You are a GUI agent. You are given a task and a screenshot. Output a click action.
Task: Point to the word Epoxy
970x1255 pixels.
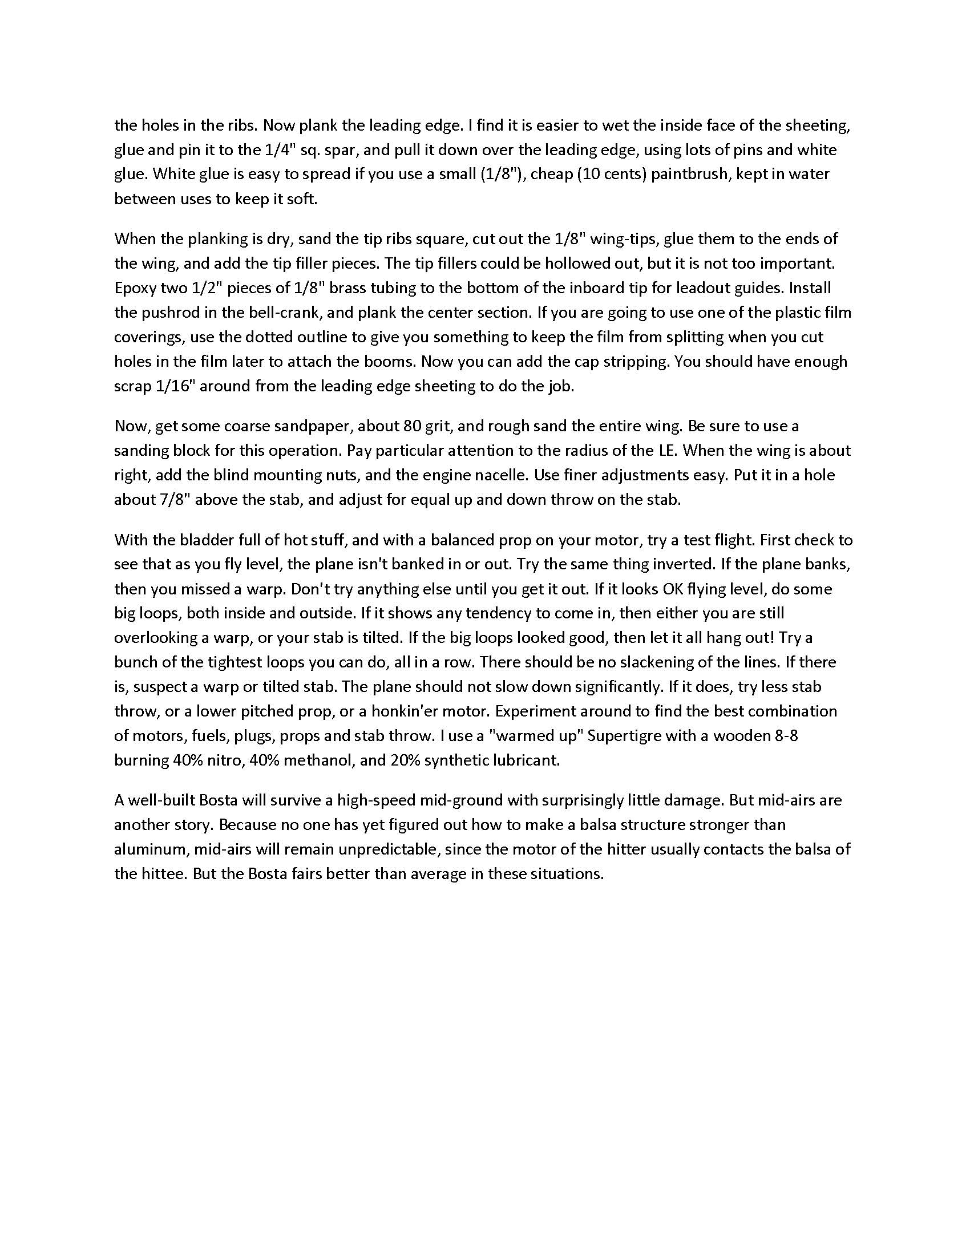tap(133, 288)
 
